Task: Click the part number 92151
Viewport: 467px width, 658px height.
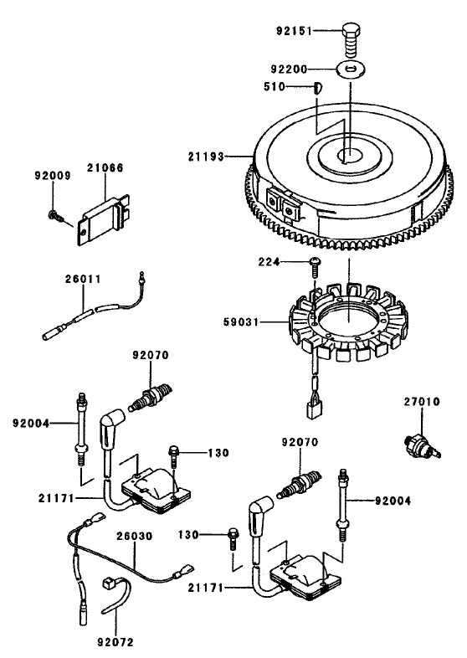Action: click(x=295, y=31)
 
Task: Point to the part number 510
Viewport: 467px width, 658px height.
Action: click(x=296, y=85)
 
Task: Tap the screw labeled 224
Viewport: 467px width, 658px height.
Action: click(x=313, y=265)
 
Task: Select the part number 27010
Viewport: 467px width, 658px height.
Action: click(x=421, y=403)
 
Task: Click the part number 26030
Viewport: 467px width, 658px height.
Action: click(x=134, y=536)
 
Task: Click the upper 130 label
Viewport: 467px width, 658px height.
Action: click(x=218, y=453)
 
